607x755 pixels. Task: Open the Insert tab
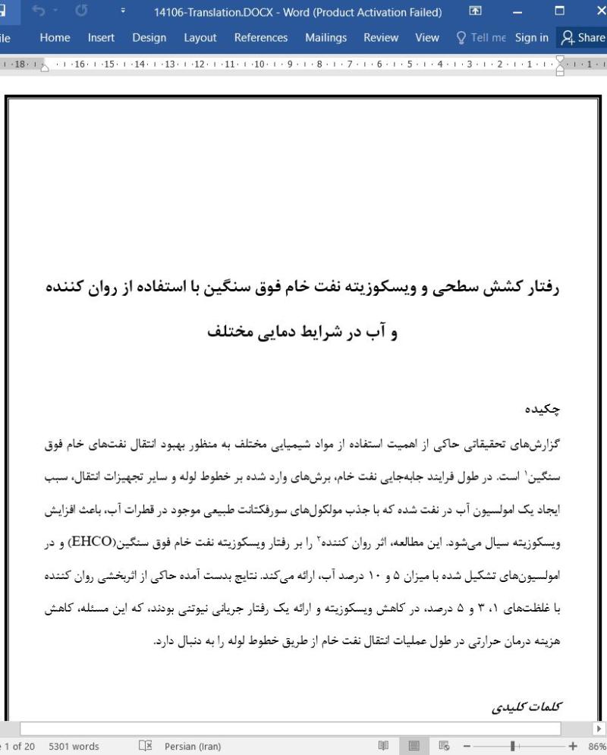[101, 37]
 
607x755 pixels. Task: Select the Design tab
[149, 37]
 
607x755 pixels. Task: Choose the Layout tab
[200, 37]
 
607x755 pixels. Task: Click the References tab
[260, 37]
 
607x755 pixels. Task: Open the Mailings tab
[326, 37]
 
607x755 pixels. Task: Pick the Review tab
[381, 37]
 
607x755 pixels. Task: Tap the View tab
[427, 37]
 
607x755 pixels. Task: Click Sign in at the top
[531, 37]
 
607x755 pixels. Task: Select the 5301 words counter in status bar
[74, 746]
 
